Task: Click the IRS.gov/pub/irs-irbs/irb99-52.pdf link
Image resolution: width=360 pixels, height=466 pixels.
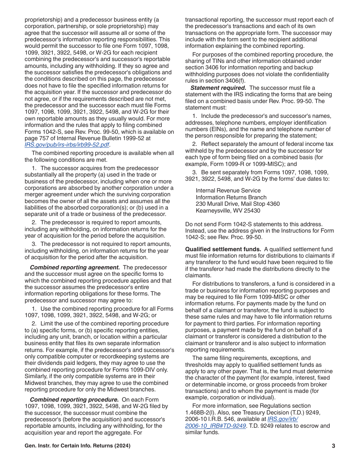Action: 67,145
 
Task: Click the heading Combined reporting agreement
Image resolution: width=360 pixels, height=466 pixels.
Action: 75,267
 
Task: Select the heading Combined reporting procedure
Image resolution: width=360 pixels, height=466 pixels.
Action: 74,400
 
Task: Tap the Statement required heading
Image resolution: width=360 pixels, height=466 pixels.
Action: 218,88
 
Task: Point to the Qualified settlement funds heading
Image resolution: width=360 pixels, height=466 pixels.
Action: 223,249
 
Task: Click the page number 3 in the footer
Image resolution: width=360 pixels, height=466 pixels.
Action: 333,446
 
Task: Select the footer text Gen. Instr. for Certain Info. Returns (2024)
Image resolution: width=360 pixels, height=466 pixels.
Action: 78,446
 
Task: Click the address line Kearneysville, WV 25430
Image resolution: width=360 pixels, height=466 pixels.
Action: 228,211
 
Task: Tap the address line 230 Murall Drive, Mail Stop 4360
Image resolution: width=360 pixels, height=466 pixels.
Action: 238,204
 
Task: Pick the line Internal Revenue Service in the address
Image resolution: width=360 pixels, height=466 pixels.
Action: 228,191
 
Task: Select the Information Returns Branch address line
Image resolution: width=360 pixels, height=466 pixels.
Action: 231,197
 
